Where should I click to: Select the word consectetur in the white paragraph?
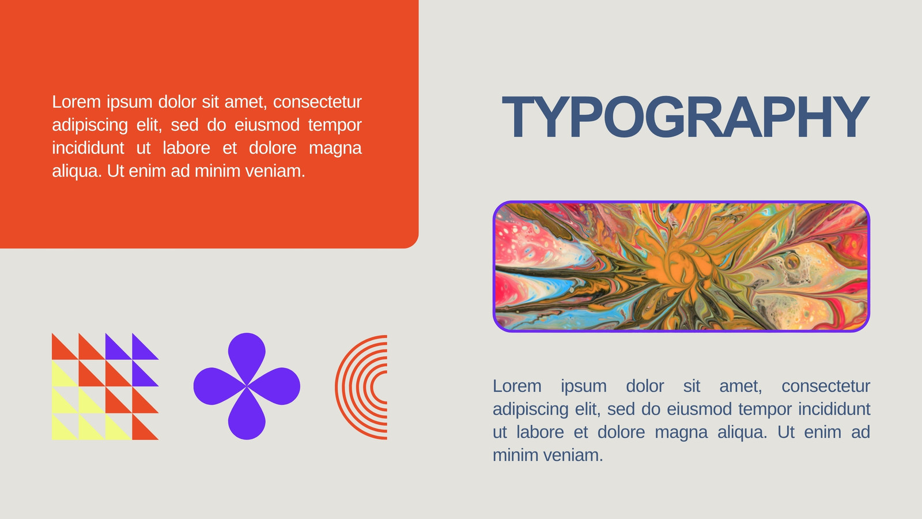click(x=318, y=101)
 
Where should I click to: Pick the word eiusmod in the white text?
click(x=267, y=125)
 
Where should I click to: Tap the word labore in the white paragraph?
click(x=187, y=148)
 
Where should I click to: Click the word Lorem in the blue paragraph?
click(x=517, y=386)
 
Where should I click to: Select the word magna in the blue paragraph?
click(x=681, y=432)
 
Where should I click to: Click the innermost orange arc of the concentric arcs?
click(x=373, y=387)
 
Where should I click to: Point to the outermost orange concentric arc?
click(x=338, y=387)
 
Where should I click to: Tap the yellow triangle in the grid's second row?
click(x=61, y=377)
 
